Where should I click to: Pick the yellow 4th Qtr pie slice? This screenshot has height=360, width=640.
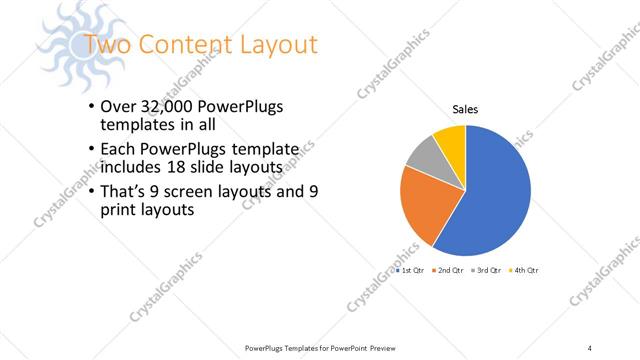(451, 139)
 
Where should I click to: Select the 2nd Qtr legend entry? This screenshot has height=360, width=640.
(451, 271)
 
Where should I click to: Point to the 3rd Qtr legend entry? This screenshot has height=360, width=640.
(488, 271)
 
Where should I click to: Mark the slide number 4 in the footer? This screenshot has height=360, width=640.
(590, 347)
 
